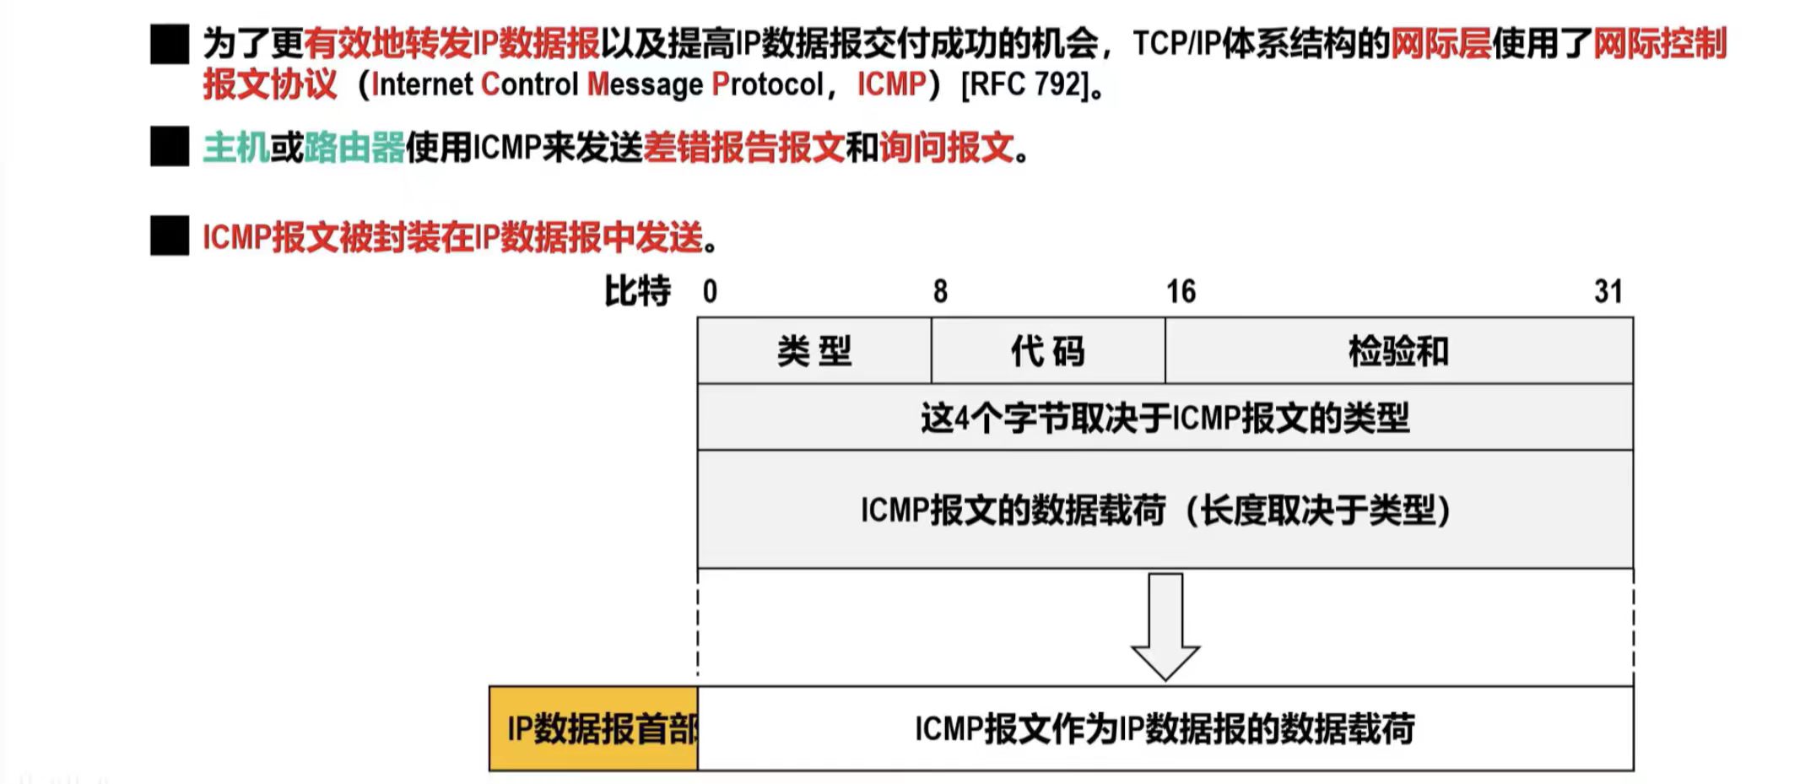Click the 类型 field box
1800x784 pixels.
(814, 351)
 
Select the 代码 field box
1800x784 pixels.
(1048, 351)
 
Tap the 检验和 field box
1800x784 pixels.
(1398, 351)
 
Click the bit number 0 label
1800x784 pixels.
(710, 292)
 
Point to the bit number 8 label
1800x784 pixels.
(940, 292)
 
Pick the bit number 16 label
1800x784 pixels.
(1181, 292)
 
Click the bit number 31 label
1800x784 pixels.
(1608, 292)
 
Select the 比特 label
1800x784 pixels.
(637, 292)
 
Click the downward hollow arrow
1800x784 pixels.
(1165, 625)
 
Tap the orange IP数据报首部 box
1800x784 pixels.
(594, 728)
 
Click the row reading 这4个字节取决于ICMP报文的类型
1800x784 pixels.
(1165, 418)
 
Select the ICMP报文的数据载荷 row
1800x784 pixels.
(1165, 510)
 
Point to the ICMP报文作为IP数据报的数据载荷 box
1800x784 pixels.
(1165, 728)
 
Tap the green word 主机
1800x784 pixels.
(235, 149)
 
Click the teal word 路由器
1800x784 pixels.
(354, 149)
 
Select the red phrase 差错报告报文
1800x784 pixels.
(743, 149)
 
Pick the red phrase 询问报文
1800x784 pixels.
(946, 149)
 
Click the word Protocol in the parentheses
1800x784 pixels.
(767, 84)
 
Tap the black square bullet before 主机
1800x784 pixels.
(170, 147)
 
